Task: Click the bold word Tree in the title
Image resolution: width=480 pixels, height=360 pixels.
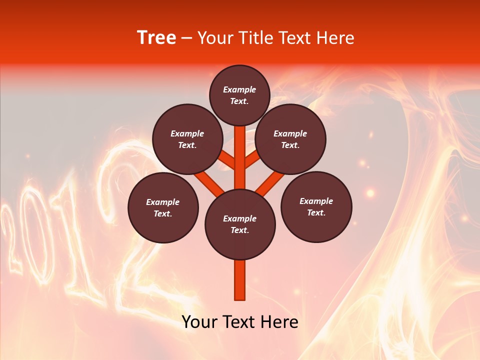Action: [156, 38]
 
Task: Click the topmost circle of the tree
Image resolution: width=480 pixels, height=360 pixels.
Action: [239, 95]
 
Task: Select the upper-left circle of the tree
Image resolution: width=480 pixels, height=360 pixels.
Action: [187, 139]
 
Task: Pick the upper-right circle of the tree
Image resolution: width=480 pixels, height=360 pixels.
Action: [290, 139]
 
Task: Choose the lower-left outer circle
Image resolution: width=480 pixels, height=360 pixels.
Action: [163, 207]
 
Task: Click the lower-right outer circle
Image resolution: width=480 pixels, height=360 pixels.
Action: [316, 206]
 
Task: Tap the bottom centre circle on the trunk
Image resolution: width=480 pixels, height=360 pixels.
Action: [240, 224]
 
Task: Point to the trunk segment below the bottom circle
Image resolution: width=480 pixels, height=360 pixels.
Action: [240, 280]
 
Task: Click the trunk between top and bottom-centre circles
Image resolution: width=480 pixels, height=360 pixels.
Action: [240, 157]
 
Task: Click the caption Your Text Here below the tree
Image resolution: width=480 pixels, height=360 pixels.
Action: [240, 322]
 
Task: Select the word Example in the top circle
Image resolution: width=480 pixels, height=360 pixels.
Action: [239, 89]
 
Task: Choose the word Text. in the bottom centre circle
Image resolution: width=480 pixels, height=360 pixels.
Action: [239, 230]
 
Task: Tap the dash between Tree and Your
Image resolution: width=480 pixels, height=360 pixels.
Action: [186, 38]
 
